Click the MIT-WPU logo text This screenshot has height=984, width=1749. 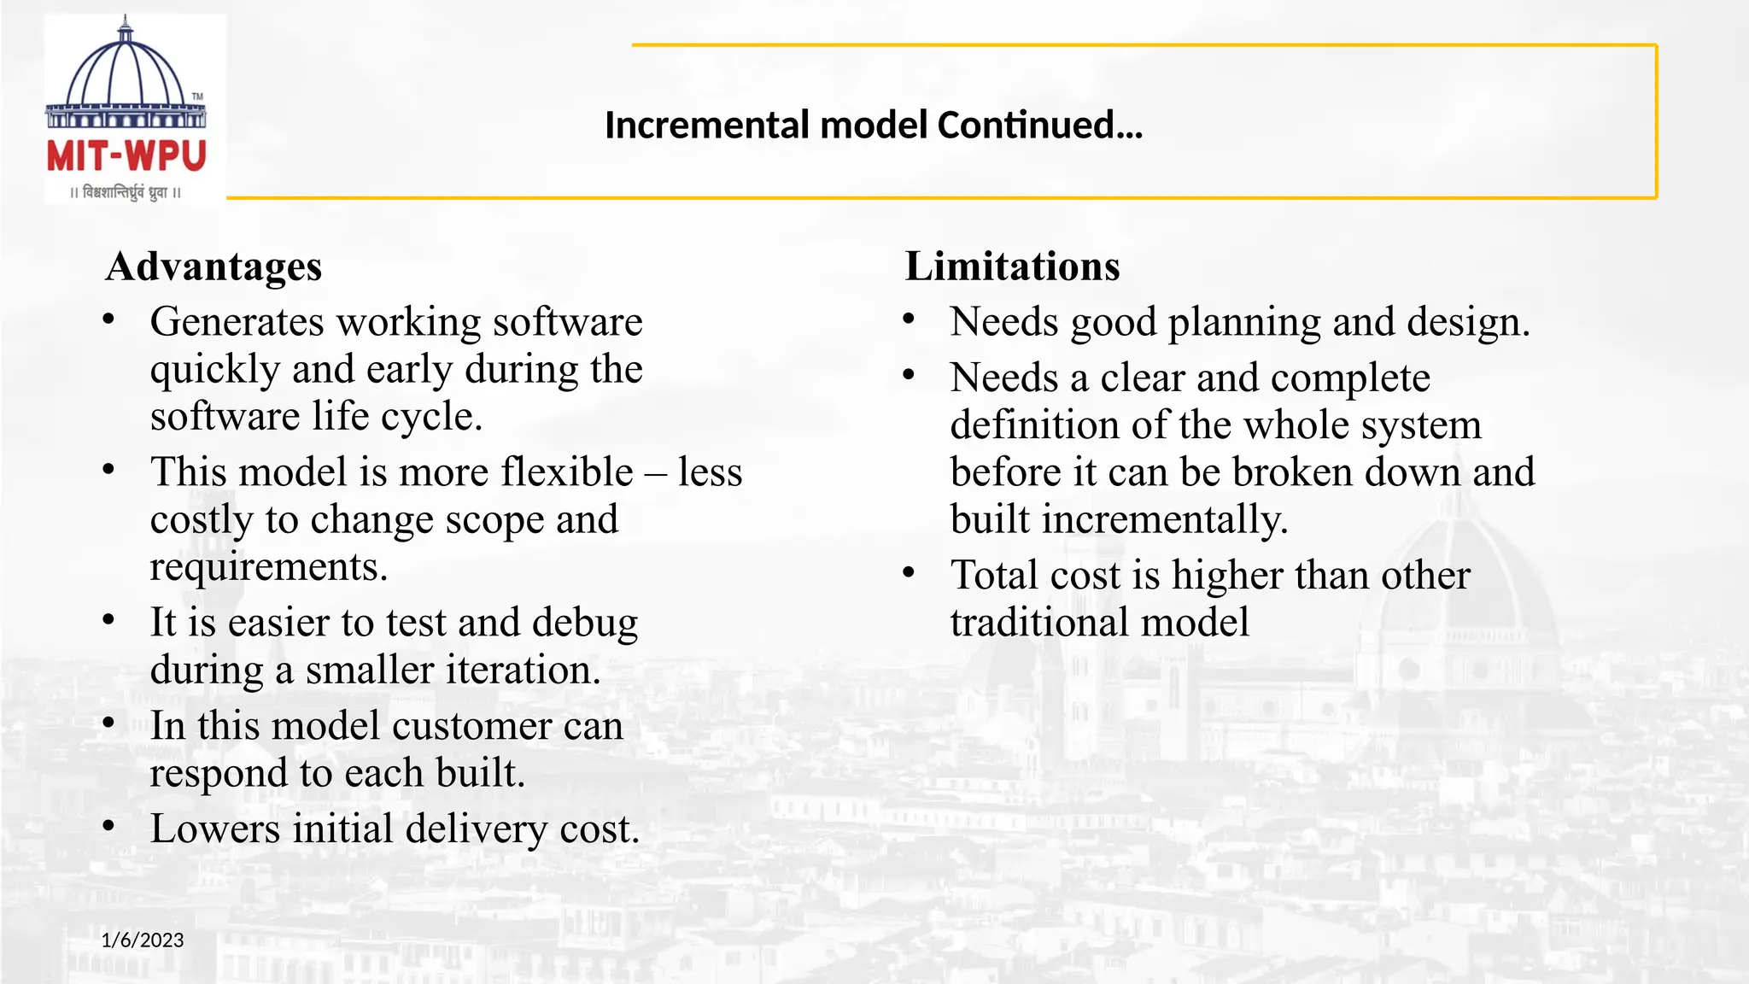[x=126, y=156]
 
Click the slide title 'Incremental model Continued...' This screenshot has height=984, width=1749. [x=873, y=126]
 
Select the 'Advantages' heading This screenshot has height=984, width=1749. [x=214, y=266]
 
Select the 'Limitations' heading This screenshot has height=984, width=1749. [x=1012, y=266]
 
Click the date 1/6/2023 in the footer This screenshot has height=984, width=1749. [x=143, y=940]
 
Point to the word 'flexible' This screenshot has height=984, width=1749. [x=566, y=472]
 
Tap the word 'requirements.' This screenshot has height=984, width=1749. [x=269, y=567]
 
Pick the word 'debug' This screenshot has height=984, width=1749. [x=585, y=623]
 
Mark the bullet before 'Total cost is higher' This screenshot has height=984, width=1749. [x=909, y=573]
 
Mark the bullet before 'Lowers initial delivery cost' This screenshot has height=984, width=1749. [x=108, y=827]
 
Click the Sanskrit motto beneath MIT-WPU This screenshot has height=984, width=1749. [x=126, y=193]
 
